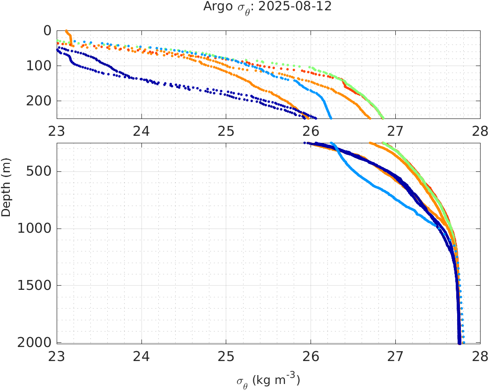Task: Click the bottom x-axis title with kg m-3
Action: (x=268, y=380)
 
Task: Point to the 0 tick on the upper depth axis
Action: (x=47, y=30)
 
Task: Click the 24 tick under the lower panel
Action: (x=141, y=357)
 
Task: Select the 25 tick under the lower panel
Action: (x=226, y=357)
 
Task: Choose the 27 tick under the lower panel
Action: (x=395, y=357)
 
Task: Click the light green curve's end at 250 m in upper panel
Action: (x=383, y=117)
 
